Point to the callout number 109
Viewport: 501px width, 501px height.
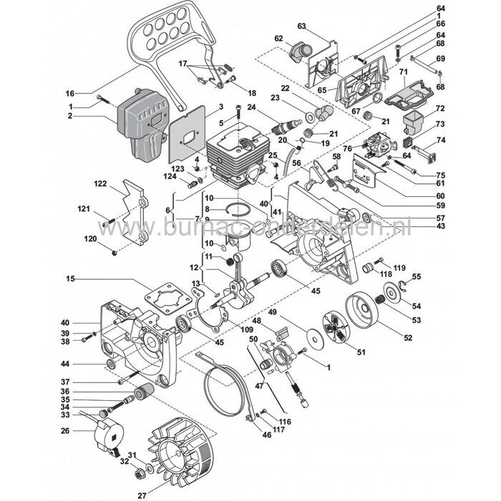227,329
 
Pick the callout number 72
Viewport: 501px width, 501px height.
441,108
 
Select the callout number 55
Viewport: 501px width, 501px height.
437,276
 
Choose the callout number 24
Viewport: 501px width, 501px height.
251,107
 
